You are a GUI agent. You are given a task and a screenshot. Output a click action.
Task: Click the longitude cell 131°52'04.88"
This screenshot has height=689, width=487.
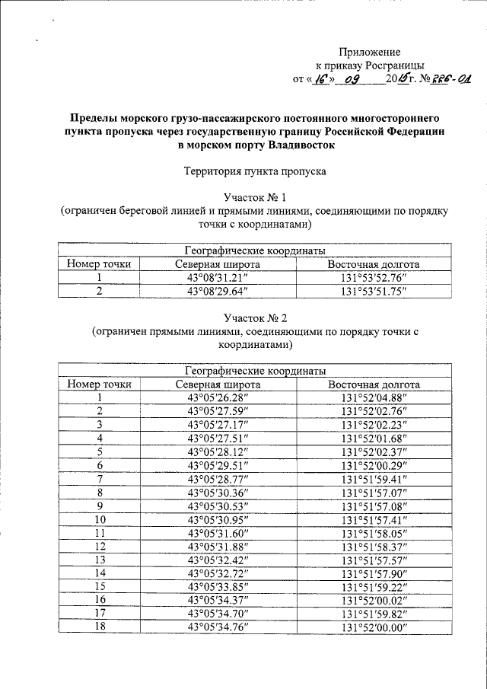point(375,397)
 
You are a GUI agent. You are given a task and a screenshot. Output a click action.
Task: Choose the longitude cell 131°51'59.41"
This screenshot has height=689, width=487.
point(375,479)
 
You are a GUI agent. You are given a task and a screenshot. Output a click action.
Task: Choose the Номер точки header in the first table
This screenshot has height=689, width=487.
point(99,264)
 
